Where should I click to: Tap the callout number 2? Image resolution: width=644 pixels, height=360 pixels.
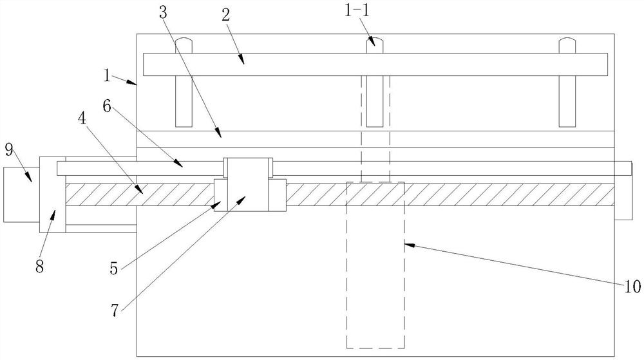click(225, 15)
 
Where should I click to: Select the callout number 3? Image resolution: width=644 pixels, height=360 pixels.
click(163, 13)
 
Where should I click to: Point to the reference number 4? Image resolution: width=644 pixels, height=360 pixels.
click(82, 119)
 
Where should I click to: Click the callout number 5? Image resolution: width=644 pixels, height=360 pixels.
click(114, 269)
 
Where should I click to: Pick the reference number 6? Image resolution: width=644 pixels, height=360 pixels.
click(107, 106)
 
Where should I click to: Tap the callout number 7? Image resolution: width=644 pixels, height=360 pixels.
click(115, 311)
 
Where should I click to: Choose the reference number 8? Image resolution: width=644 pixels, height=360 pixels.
click(39, 267)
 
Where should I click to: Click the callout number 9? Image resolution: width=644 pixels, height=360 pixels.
click(10, 150)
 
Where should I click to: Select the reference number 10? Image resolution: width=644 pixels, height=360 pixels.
click(632, 287)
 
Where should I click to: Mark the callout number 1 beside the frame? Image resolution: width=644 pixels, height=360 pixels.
click(107, 75)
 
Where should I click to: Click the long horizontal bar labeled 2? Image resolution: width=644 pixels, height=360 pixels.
click(375, 64)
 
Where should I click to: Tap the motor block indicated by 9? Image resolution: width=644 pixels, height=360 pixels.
click(21, 194)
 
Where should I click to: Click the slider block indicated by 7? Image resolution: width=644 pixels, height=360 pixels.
click(248, 184)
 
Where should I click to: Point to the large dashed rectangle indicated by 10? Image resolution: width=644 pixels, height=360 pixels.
click(376, 265)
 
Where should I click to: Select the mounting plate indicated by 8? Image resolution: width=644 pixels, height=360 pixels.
click(53, 194)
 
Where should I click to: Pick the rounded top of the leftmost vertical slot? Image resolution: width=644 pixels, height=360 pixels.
click(184, 42)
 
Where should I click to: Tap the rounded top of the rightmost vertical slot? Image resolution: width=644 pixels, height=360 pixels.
click(567, 42)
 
